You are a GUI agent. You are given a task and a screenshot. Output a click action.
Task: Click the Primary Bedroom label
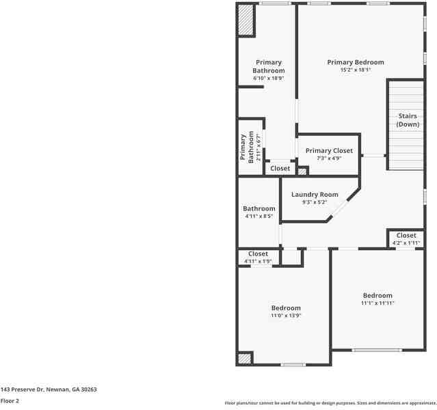355,62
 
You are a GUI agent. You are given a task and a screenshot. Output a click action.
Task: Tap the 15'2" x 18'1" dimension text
355,70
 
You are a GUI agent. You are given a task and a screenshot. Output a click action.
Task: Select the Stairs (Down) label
408,120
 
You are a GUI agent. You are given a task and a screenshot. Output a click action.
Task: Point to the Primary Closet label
329,150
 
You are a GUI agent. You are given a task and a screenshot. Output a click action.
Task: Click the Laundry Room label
315,195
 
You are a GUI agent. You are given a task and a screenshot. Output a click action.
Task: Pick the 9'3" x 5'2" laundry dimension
315,202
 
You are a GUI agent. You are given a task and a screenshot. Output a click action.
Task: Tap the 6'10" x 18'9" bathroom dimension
268,79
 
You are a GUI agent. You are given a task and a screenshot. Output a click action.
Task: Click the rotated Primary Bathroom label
246,146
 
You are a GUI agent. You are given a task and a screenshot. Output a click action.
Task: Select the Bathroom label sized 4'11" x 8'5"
259,208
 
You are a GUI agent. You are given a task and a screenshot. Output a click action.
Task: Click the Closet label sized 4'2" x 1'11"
406,236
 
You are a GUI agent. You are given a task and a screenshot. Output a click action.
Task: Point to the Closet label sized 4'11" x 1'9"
258,254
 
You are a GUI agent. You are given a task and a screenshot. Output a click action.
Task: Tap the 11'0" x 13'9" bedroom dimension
286,316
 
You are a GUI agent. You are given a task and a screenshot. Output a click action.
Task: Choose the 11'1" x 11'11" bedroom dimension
378,303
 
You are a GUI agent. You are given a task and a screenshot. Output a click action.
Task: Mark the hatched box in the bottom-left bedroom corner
244,359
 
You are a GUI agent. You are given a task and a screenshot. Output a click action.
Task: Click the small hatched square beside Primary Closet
302,171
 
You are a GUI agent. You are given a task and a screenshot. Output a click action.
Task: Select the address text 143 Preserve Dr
49,389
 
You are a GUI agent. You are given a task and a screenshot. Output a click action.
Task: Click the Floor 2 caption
10,401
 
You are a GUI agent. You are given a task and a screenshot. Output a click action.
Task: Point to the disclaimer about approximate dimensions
330,403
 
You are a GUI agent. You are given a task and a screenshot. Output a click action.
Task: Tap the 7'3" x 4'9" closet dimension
329,159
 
